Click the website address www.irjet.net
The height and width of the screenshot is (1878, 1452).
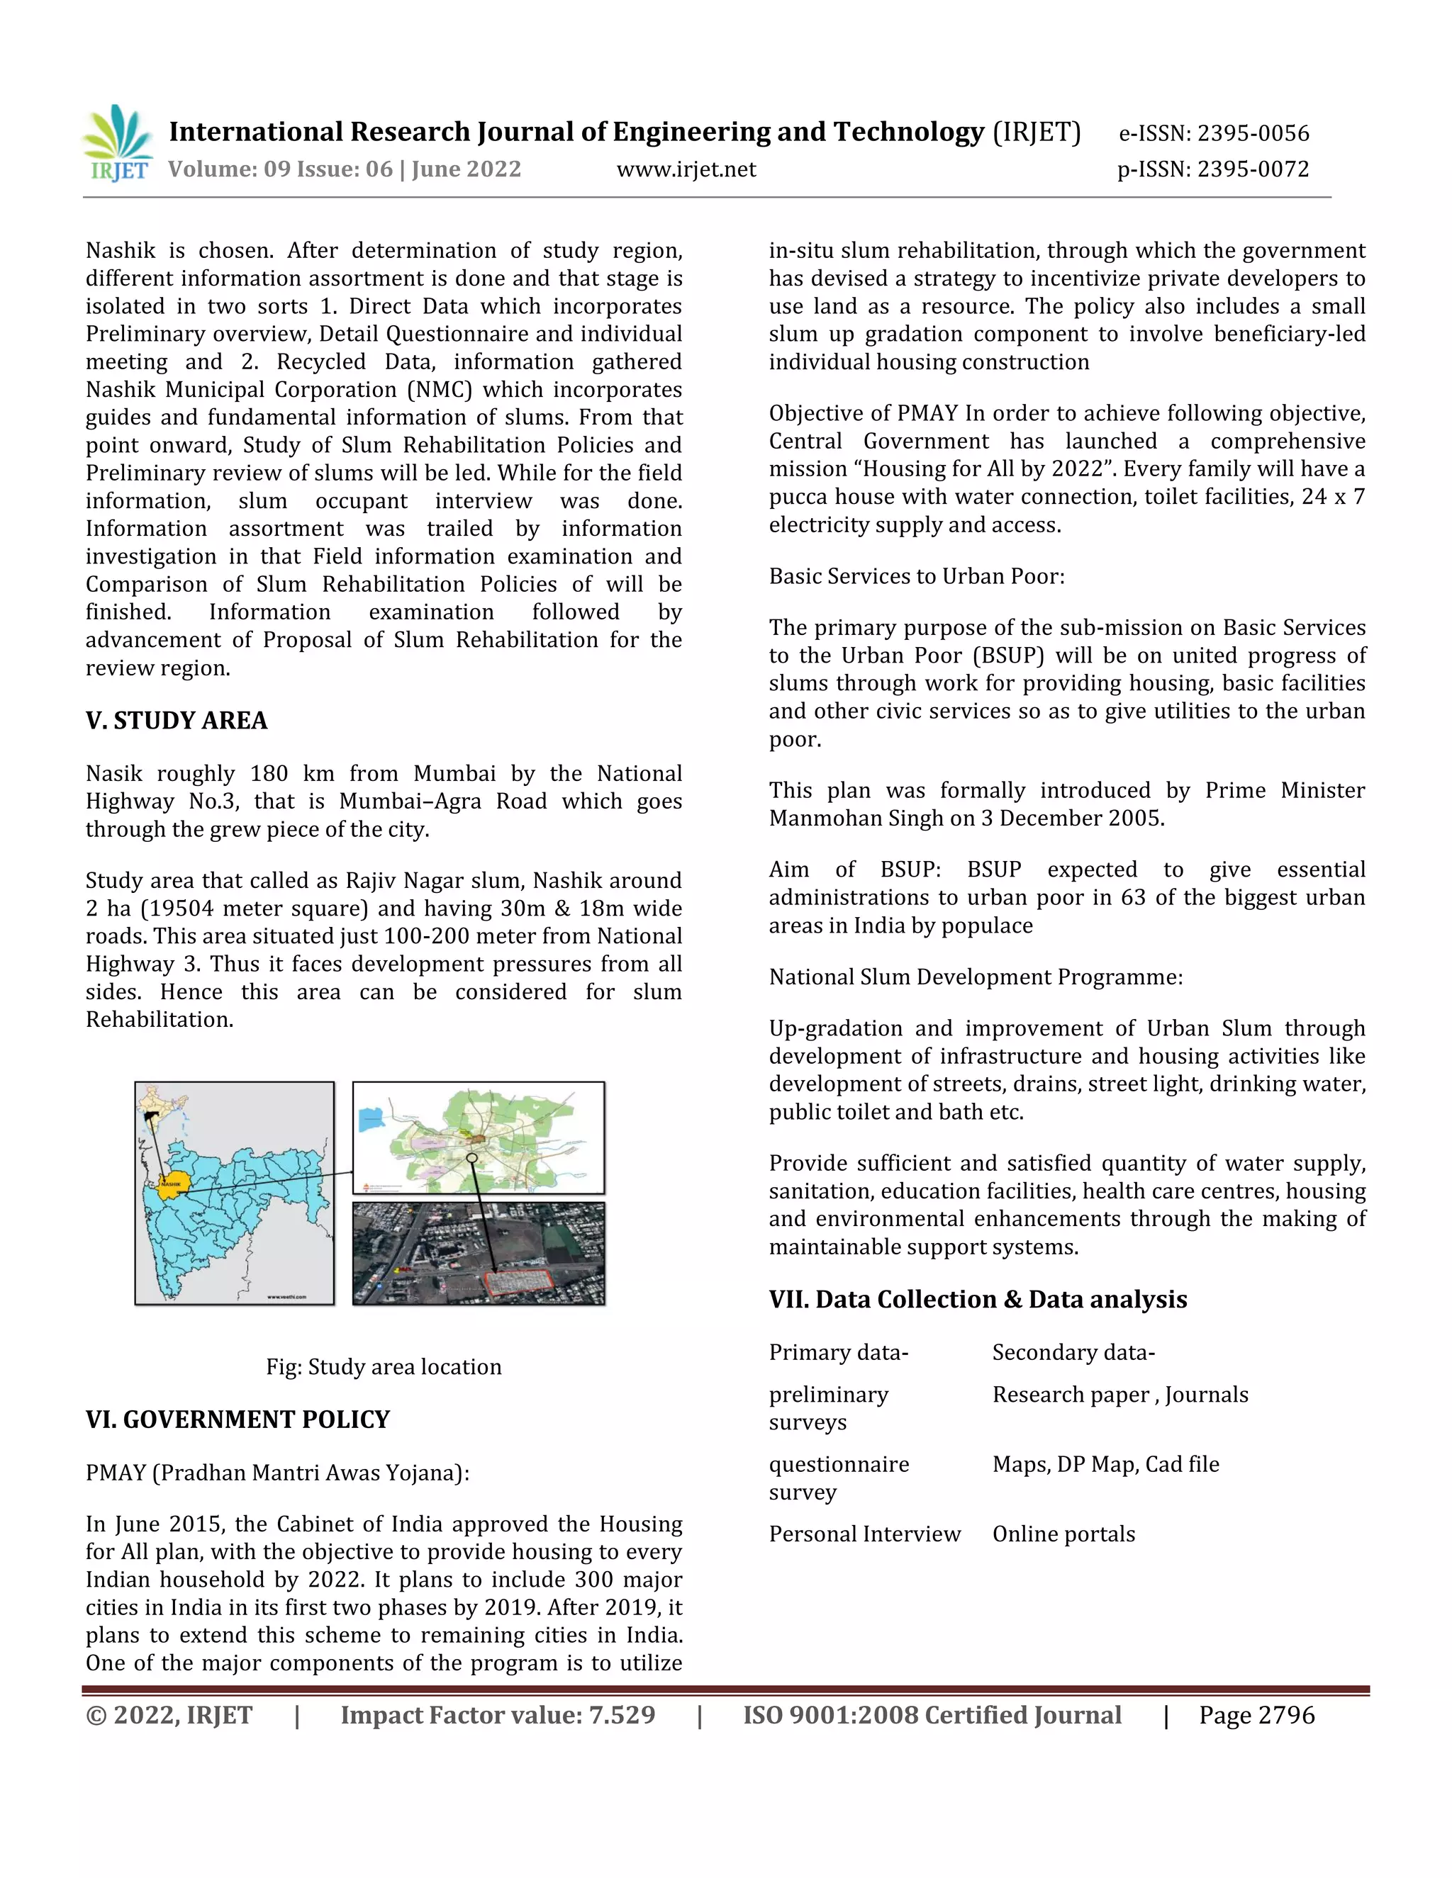[x=686, y=169]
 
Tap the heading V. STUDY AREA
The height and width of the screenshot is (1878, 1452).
[x=177, y=721]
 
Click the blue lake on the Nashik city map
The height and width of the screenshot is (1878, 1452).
[x=372, y=1120]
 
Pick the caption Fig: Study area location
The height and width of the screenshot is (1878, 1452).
[x=383, y=1366]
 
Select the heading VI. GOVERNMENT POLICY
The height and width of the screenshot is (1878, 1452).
[x=238, y=1419]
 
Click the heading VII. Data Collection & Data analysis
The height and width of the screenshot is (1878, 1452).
[x=977, y=1298]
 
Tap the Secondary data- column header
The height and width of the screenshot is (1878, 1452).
[x=1073, y=1353]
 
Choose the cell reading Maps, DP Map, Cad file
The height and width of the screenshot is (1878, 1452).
[x=1105, y=1463]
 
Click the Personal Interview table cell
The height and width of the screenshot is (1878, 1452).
[x=864, y=1534]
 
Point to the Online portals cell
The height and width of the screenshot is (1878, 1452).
[x=1063, y=1534]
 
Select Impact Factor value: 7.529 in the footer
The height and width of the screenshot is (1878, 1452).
[x=497, y=1716]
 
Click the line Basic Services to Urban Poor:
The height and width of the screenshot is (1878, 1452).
[x=916, y=576]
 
